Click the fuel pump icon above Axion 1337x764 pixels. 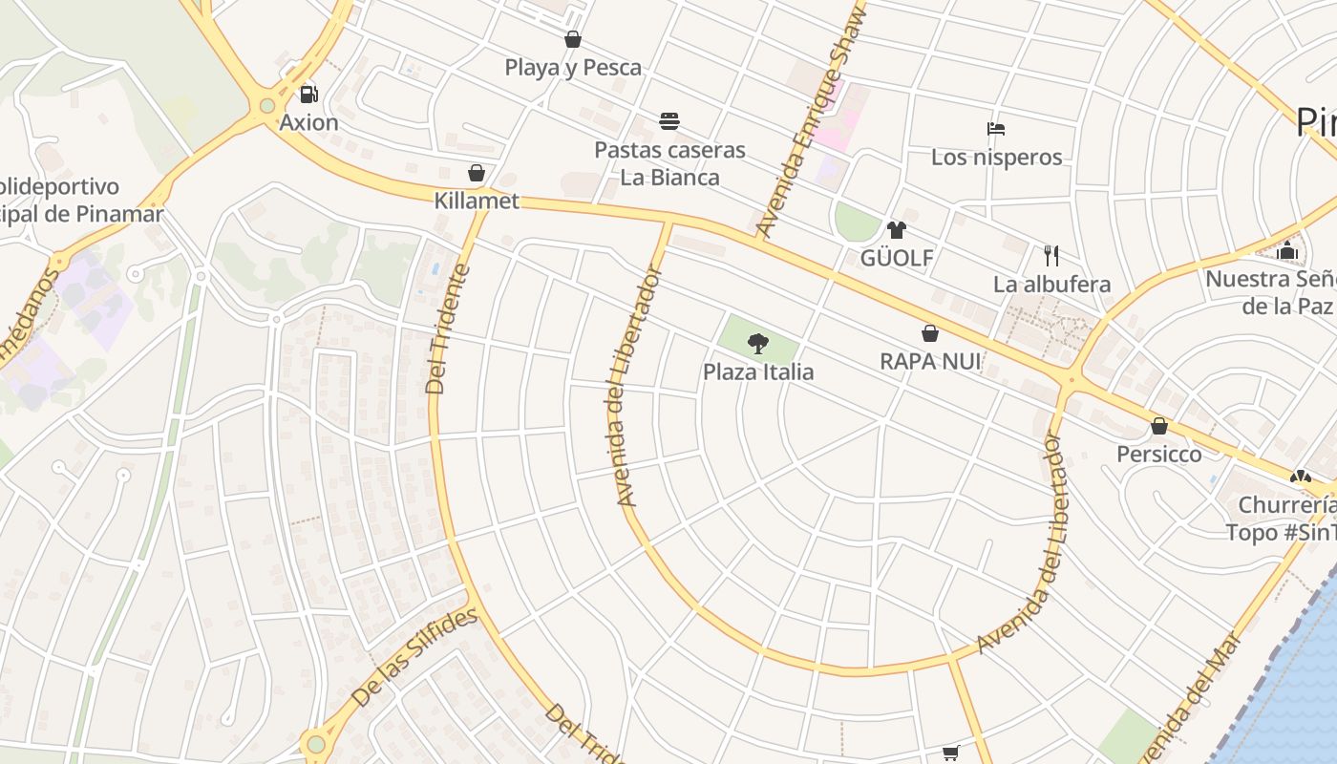[308, 95]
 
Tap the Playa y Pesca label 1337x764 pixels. [573, 68]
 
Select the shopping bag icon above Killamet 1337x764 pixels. [477, 173]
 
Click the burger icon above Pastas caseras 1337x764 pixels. [669, 121]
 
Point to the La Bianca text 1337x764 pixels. [669, 178]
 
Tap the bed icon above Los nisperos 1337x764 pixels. [996, 129]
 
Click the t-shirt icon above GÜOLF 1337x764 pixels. [896, 230]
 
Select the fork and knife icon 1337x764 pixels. [1051, 255]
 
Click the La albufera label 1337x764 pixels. [1051, 285]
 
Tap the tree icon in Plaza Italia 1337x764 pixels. [758, 343]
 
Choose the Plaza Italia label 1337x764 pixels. [758, 371]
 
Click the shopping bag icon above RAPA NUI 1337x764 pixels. [929, 333]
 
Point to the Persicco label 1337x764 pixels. [1159, 454]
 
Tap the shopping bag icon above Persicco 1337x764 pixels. [1159, 426]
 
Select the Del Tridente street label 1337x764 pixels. [449, 329]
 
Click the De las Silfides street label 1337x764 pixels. [414, 658]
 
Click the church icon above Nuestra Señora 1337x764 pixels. [1287, 251]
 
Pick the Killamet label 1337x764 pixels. [477, 202]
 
